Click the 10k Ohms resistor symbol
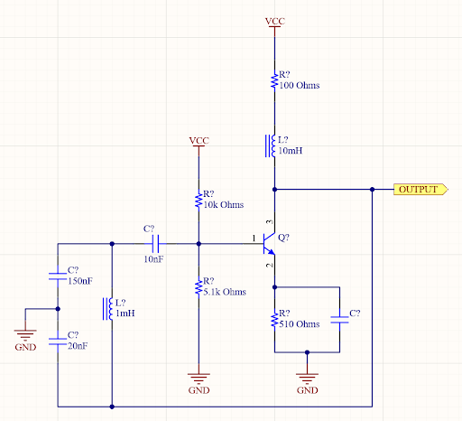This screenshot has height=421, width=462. coord(199,200)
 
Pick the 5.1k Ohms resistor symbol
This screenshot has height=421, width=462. coord(199,287)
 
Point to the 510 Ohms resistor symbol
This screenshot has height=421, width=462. coord(273,320)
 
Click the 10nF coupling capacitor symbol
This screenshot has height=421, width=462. coord(155,243)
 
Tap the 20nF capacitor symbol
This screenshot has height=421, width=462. coord(57,340)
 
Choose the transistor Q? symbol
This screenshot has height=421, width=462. coord(267,242)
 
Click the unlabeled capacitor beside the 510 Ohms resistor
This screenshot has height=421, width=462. coord(340,319)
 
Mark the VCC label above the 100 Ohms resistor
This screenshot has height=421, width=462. coord(273,20)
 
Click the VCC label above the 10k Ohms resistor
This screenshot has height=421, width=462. coord(199,141)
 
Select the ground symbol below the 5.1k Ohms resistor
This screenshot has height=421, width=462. coord(199,379)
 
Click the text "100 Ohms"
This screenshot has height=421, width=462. coord(300,86)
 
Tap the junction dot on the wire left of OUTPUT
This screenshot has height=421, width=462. coord(372,190)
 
